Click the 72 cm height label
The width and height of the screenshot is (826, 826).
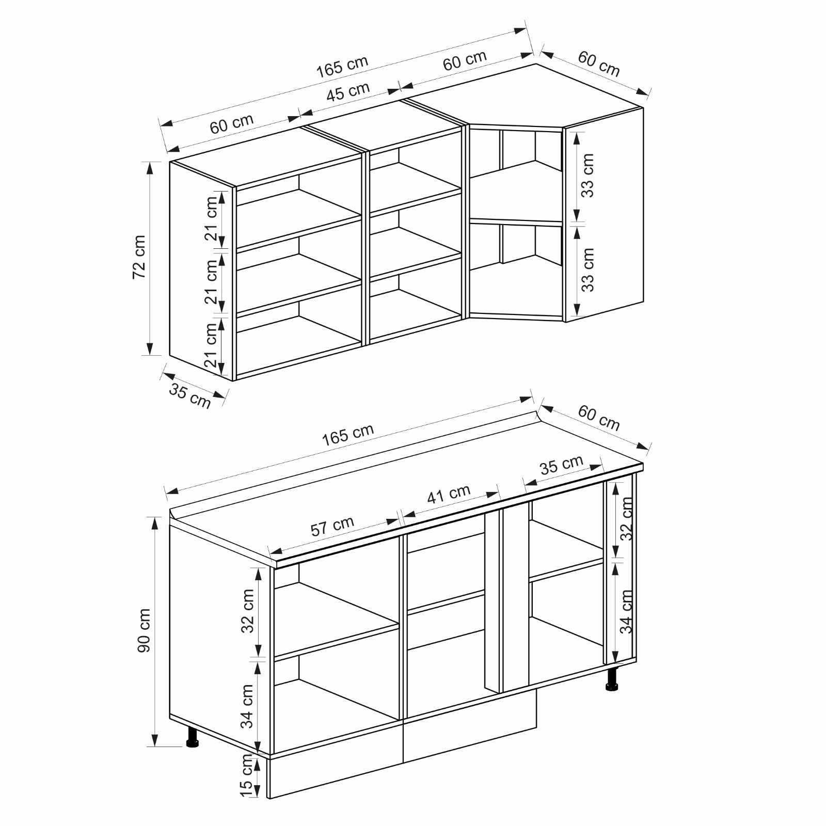point(139,257)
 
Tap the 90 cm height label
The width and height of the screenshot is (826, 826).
point(144,630)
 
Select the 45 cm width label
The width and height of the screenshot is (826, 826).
point(348,92)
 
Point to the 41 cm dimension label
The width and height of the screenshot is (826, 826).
point(449,494)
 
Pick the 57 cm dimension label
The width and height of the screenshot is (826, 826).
point(332,526)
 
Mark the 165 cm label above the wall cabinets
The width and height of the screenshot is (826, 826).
point(342,66)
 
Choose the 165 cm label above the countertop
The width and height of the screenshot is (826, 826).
point(347,435)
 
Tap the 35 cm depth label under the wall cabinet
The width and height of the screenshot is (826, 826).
point(190,396)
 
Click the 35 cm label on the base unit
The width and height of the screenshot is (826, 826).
point(562,465)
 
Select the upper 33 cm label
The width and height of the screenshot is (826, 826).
point(587,176)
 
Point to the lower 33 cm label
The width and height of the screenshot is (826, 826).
point(587,270)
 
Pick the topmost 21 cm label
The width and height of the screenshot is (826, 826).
point(211,219)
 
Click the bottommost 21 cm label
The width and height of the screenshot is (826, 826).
point(211,345)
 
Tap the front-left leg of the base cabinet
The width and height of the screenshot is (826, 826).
point(193,737)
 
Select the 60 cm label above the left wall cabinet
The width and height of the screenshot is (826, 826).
point(232,123)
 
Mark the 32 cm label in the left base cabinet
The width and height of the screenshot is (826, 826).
point(248,611)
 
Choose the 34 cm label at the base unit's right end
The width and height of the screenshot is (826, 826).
point(626,612)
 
